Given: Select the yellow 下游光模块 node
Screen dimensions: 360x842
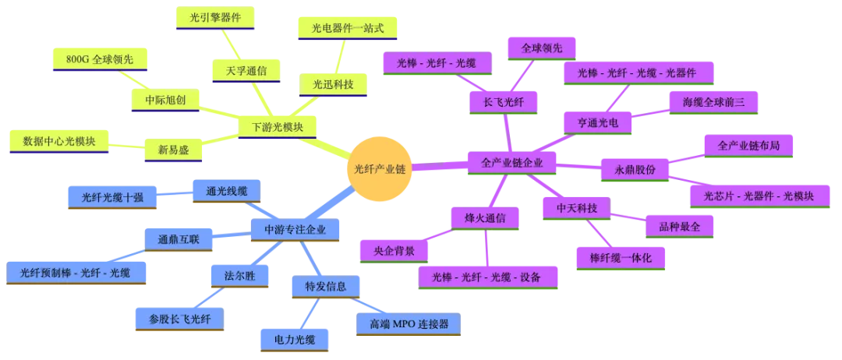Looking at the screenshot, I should [x=278, y=127].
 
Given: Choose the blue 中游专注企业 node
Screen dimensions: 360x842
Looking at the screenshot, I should [x=295, y=229].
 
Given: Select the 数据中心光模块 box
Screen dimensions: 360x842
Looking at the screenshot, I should [x=59, y=140].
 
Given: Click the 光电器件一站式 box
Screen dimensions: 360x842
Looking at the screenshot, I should [x=348, y=28].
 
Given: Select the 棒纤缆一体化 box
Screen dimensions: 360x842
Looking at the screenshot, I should [x=621, y=256].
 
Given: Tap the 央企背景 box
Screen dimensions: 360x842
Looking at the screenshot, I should [x=394, y=251].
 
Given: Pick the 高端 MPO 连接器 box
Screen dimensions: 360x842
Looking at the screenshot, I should [x=409, y=323].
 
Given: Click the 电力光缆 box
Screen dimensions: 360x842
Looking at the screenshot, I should [x=292, y=339].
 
